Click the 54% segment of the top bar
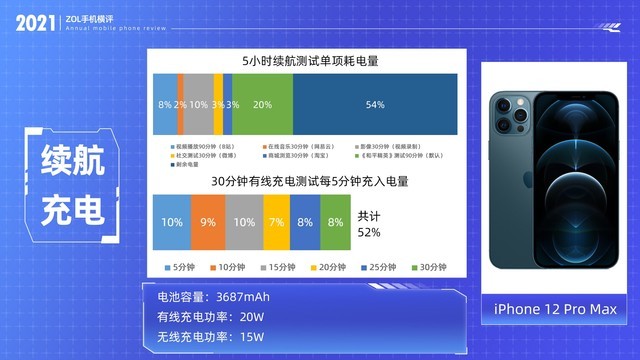[376, 104]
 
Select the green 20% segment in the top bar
[263, 104]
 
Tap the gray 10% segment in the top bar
[198, 104]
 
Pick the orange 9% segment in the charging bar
[206, 222]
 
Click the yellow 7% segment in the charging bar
[276, 222]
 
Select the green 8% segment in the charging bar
[334, 222]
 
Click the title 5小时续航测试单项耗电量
[303, 61]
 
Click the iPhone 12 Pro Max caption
[555, 310]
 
